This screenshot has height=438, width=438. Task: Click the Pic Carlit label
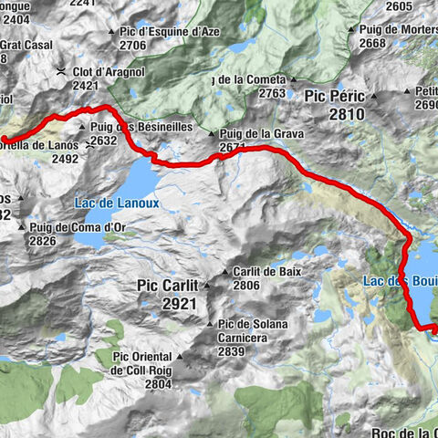(x=167, y=286)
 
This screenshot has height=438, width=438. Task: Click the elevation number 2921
(x=179, y=303)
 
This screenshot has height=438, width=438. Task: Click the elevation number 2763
(x=272, y=92)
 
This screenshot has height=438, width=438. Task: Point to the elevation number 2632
(x=102, y=141)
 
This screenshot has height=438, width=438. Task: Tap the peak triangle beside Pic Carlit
(x=205, y=286)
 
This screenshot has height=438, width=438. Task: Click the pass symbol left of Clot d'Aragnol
(x=60, y=72)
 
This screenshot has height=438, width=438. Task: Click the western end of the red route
(x=5, y=140)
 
